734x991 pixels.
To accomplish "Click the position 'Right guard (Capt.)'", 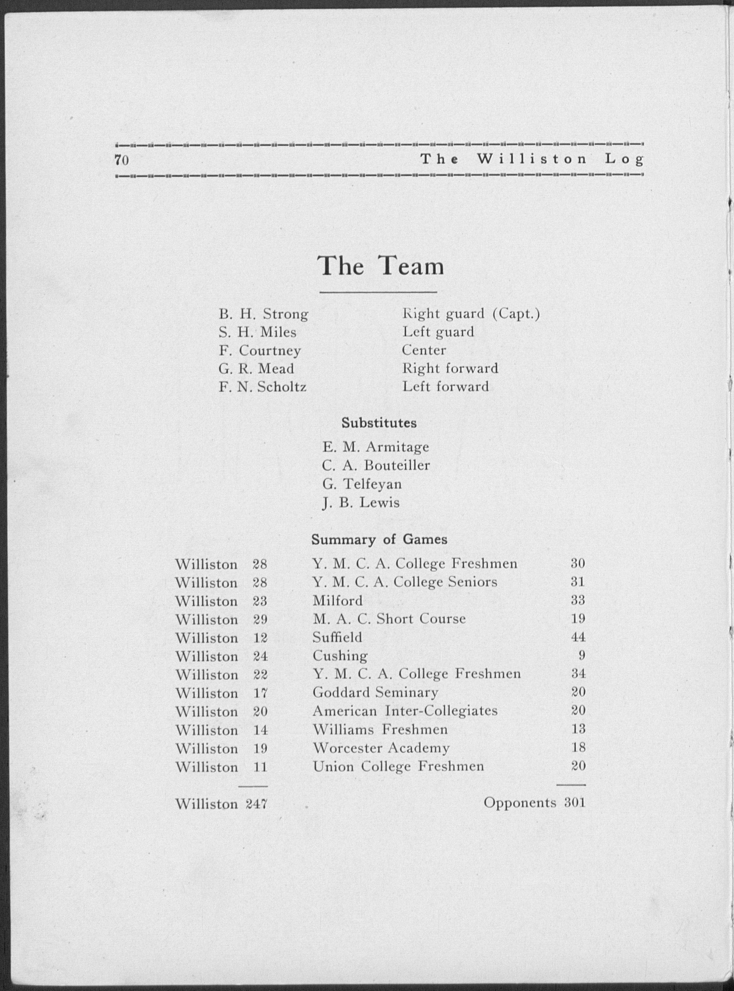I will pyautogui.click(x=471, y=314).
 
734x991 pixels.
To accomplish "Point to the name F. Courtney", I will pyautogui.click(x=260, y=351).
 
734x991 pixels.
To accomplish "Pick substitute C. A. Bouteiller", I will pyautogui.click(x=376, y=465).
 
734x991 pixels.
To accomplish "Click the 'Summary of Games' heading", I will pyautogui.click(x=379, y=539).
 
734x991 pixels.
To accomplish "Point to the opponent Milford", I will pyautogui.click(x=338, y=600).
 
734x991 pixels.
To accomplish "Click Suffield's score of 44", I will pyautogui.click(x=578, y=638).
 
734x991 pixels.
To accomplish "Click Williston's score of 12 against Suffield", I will pyautogui.click(x=260, y=638).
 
